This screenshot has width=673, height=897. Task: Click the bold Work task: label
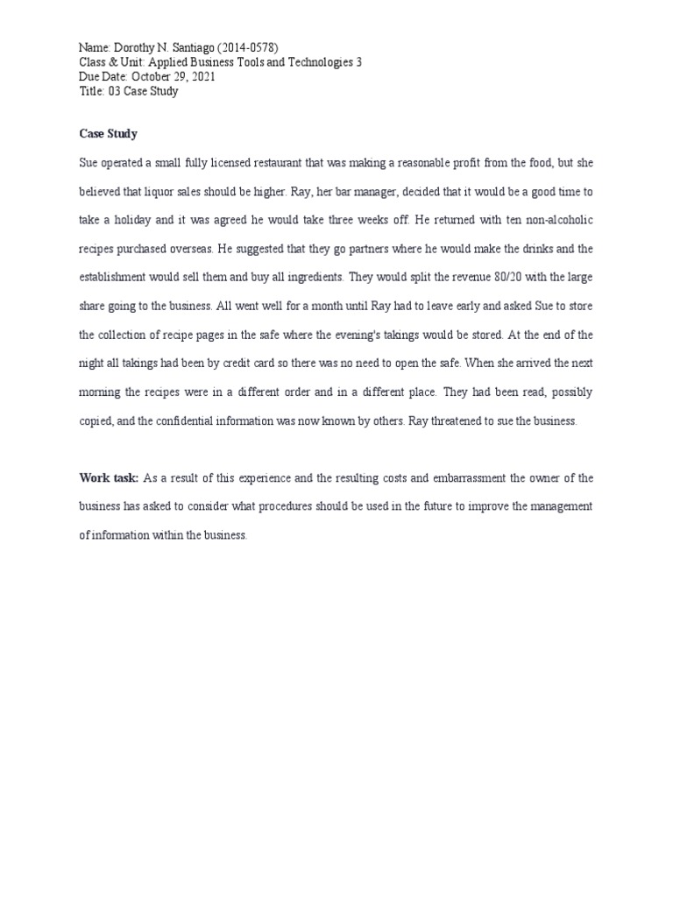point(109,477)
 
